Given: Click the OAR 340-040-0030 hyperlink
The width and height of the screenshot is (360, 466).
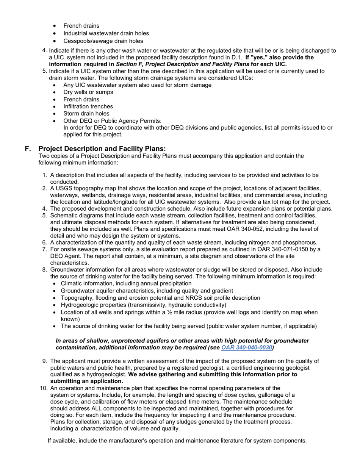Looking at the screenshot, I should (246, 347).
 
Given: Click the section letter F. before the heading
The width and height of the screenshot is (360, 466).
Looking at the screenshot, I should (28, 149).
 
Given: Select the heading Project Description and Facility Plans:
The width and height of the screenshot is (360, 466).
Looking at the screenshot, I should (102, 149).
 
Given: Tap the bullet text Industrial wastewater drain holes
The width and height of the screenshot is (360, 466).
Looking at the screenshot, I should (106, 33).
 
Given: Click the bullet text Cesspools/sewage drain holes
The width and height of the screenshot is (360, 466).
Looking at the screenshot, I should (103, 41).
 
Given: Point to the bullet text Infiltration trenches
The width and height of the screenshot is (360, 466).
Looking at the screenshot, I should (88, 106).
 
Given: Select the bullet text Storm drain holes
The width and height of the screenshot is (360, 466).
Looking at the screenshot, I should (86, 114).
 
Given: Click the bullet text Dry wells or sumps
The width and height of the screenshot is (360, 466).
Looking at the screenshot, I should (88, 92).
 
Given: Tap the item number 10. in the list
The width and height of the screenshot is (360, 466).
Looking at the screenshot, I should (44, 388).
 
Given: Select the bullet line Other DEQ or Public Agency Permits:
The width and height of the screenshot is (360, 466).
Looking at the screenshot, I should (112, 121).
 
